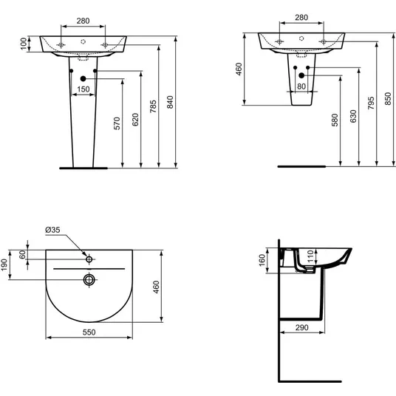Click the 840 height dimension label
pyautogui.click(x=171, y=102)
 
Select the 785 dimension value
pyautogui.click(x=153, y=106)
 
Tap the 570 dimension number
pyautogui.click(x=117, y=123)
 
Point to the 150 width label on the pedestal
pyautogui.click(x=83, y=89)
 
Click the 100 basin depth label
pyautogui.click(x=24, y=44)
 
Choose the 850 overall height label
pyautogui.click(x=388, y=99)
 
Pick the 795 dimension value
pyautogui.click(x=371, y=103)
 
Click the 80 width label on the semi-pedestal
pyautogui.click(x=301, y=86)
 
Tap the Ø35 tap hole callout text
pyautogui.click(x=52, y=230)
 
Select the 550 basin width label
pyautogui.click(x=89, y=332)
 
